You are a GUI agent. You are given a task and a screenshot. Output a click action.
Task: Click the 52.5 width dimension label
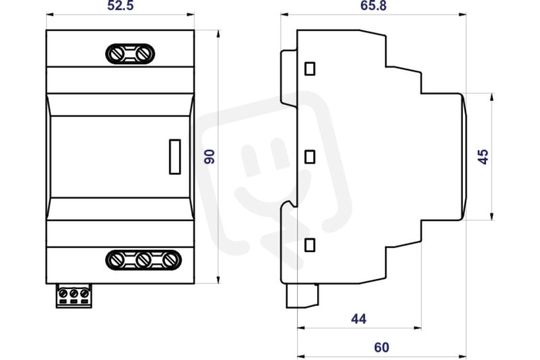tap(120, 5)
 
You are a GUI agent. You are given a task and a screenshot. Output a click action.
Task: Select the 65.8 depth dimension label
tap(373, 5)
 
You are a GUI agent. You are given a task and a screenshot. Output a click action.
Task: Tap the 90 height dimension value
tap(209, 157)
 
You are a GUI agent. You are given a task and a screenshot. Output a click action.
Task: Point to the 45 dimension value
tap(483, 157)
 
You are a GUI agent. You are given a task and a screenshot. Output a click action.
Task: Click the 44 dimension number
tap(358, 319)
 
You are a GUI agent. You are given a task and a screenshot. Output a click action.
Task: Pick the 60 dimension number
tap(381, 347)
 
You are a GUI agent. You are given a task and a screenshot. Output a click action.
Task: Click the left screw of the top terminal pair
tap(116, 54)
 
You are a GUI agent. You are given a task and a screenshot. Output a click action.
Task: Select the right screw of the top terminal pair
tap(143, 54)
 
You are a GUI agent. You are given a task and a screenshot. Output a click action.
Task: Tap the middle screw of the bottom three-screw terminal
tap(143, 260)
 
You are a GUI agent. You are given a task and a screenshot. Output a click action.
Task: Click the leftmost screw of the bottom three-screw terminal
tap(116, 260)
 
